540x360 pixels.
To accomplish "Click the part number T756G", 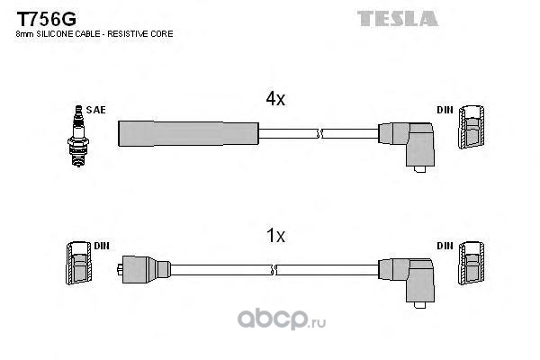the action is click(47, 18).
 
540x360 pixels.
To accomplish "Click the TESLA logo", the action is click(398, 18).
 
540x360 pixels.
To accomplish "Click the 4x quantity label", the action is click(275, 99).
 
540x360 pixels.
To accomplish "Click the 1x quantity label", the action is click(275, 236).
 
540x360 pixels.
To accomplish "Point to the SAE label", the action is click(95, 110).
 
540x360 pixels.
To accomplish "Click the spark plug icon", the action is click(78, 136).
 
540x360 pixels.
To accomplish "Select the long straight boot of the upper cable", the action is click(188, 133).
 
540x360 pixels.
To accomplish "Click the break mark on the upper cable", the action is click(319, 133).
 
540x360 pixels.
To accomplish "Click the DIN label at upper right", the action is click(445, 110).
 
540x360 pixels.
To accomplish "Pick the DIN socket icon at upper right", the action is click(471, 127).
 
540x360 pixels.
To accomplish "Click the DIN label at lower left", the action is click(102, 246).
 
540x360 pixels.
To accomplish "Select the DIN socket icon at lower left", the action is click(79, 263).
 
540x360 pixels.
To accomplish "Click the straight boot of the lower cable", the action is click(144, 270).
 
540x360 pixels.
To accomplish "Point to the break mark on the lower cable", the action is click(274, 270).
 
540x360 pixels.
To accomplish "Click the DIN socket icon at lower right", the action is click(471, 263).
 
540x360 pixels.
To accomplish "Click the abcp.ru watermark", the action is click(282, 319).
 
